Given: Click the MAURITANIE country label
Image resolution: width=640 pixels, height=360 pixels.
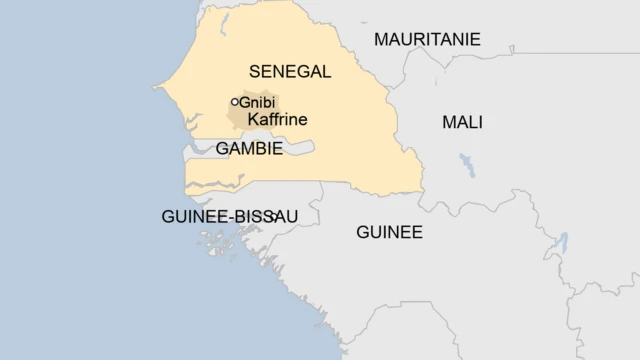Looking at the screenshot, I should coord(427,40).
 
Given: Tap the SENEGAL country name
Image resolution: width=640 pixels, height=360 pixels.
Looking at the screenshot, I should coord(289,71).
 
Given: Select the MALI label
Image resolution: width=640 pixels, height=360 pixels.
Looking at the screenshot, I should coord(462,122).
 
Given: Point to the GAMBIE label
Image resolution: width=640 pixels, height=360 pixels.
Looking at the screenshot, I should coord(249,149).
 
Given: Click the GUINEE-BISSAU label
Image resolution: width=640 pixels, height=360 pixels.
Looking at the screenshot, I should coord(229,216).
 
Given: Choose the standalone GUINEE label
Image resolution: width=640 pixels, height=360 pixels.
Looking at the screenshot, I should coord(389,232).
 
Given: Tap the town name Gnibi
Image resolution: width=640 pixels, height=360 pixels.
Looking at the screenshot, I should coord(259,102).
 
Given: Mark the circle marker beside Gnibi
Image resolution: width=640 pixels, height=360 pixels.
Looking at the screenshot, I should coord(235,102).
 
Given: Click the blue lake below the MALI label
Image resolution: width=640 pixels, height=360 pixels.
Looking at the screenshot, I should coord(466,165).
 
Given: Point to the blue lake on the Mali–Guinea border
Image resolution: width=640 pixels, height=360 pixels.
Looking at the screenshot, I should coord(562,243).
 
